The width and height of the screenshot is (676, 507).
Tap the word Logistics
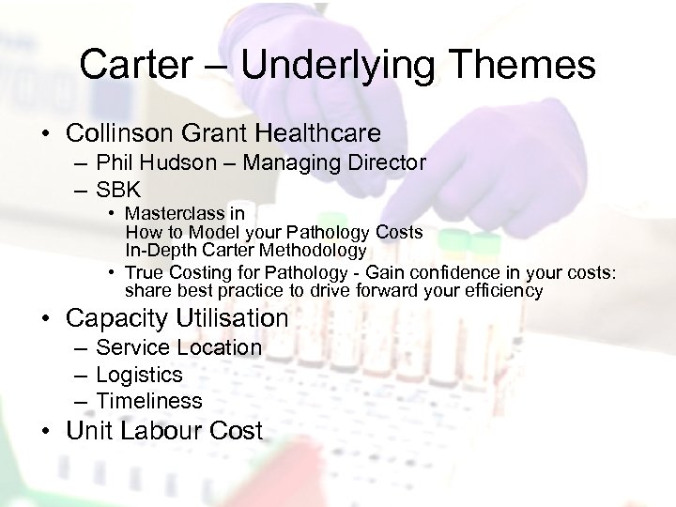pos(139,375)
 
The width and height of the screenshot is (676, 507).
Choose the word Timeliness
pos(149,401)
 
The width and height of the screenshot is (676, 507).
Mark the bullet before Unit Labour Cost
pos(50,432)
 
